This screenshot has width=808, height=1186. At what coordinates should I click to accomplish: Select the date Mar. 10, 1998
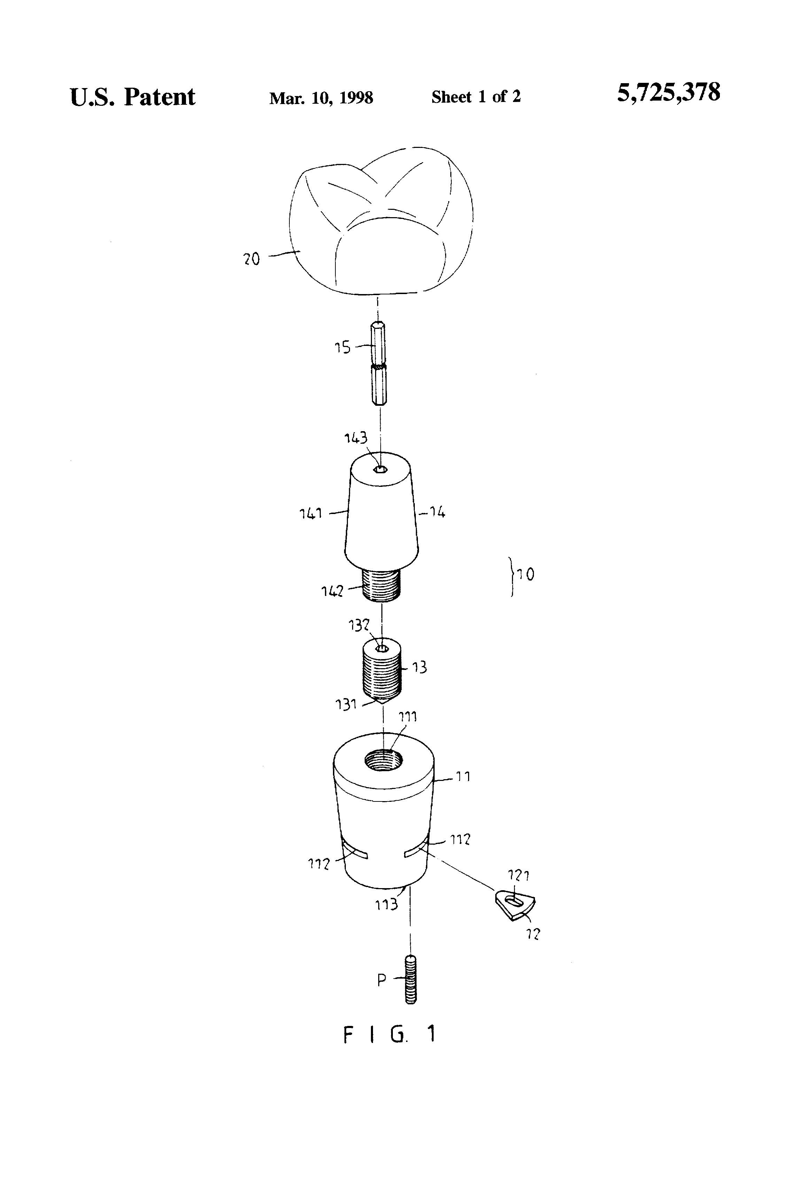pyautogui.click(x=321, y=97)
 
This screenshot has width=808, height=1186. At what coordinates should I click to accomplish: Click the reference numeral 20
pyautogui.click(x=251, y=259)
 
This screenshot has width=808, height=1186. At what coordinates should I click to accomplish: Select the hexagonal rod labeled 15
pyautogui.click(x=379, y=363)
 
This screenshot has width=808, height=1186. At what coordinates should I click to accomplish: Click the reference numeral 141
pyautogui.click(x=311, y=513)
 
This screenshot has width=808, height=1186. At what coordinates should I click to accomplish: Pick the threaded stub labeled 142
pyautogui.click(x=381, y=585)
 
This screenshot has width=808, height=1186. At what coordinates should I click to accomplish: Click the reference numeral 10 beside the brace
pyautogui.click(x=526, y=575)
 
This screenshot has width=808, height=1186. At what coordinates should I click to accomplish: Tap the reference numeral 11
pyautogui.click(x=463, y=777)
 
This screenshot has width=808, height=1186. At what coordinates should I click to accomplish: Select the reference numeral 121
pyautogui.click(x=518, y=876)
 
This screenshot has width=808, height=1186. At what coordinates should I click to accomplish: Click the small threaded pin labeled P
pyautogui.click(x=410, y=980)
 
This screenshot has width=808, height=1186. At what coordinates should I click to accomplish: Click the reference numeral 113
pyautogui.click(x=386, y=904)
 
